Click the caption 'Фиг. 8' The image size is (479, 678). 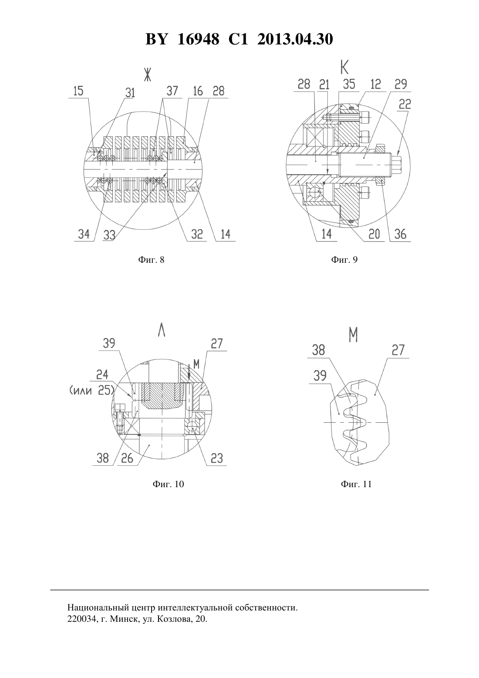(151, 259)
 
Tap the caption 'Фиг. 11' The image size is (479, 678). (356, 484)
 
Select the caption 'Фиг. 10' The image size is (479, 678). (169, 484)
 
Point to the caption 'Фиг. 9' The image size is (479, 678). (344, 259)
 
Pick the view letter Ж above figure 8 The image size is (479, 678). (147, 74)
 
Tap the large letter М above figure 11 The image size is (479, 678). (353, 335)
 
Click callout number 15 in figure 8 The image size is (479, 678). (78, 91)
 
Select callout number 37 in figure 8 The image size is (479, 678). (172, 91)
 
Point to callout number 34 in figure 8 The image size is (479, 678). (84, 234)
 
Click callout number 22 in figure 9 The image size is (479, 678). (405, 105)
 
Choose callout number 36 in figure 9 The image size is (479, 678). (400, 234)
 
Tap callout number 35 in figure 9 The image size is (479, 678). (349, 84)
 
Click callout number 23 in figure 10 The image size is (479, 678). (216, 458)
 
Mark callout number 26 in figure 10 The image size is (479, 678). (127, 458)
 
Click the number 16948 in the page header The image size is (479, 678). (198, 39)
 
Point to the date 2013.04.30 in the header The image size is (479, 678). (295, 39)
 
